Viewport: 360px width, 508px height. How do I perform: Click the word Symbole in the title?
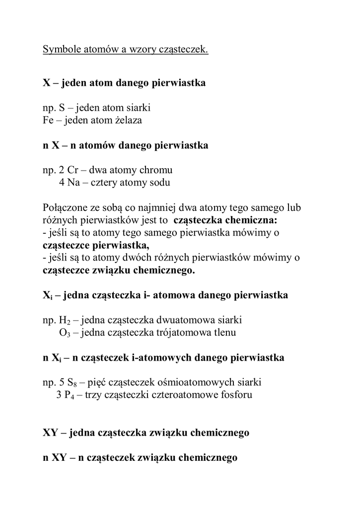[x=62, y=50]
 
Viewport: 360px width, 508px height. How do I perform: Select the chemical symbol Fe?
[x=49, y=120]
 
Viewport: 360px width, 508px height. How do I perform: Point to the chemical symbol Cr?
[x=73, y=170]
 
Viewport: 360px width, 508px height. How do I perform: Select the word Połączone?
[x=66, y=207]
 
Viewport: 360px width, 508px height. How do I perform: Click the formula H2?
[x=66, y=320]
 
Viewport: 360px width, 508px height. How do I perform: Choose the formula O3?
[x=66, y=333]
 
